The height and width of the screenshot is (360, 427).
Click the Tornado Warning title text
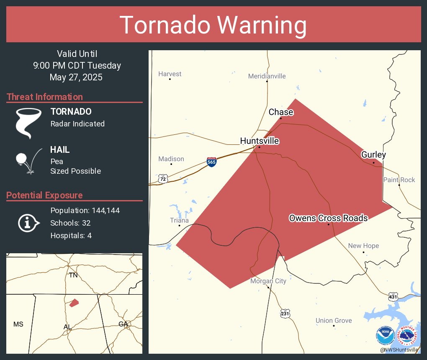213,25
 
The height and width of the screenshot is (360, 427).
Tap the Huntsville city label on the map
260,141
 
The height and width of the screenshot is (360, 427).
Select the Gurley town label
373,155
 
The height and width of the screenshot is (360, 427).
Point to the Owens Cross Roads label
329,218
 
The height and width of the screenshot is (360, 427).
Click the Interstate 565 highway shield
212,162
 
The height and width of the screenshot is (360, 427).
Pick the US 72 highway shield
163,179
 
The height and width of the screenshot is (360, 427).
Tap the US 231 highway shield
285,313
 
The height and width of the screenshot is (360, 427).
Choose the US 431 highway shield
392,296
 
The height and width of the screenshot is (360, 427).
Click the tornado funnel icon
28,122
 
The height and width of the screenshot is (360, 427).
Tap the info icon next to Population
28,223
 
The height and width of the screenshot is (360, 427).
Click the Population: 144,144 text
85,211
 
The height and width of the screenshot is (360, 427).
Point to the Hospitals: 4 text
71,236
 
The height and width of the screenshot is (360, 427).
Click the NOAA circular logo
385,336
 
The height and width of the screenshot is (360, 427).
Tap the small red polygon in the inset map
74,302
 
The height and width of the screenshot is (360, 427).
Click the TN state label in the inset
73,275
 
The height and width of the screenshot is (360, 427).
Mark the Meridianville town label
267,76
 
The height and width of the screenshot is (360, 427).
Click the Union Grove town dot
334,326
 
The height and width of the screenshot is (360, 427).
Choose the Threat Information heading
45,97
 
